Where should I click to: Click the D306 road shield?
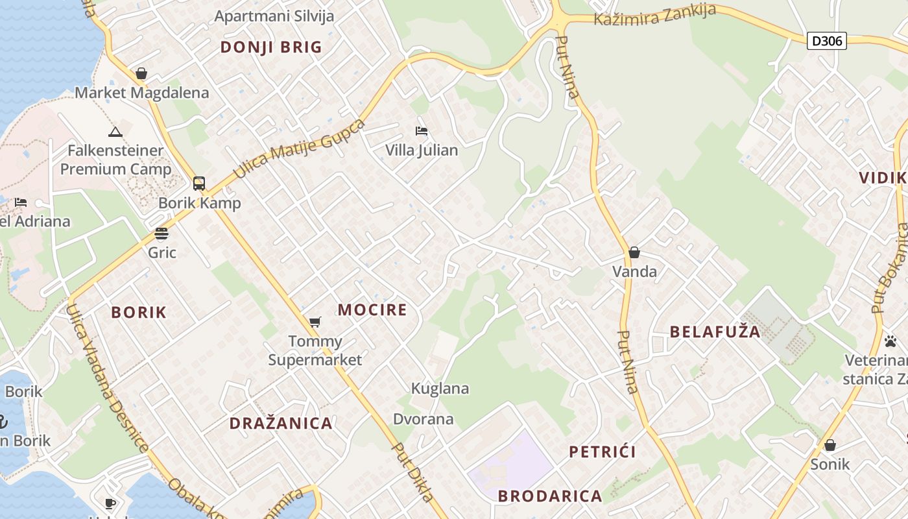[827, 42]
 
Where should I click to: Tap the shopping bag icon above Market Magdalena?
[141, 73]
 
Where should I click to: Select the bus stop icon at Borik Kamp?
[199, 184]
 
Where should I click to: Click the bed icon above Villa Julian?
[422, 131]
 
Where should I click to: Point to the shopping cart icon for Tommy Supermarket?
[315, 322]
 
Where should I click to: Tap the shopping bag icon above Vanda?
[634, 252]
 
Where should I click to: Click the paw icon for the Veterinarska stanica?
[890, 341]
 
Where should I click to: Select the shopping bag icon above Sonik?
[830, 445]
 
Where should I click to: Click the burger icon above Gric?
[161, 234]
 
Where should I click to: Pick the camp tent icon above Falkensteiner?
[115, 132]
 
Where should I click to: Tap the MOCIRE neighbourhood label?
[372, 310]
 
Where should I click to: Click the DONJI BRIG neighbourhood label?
[271, 47]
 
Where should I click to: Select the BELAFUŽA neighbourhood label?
[715, 332]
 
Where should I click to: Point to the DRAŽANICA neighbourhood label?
[281, 424]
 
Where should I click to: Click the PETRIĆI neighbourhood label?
[603, 452]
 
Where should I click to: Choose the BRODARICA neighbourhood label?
[550, 496]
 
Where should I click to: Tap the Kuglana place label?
[440, 389]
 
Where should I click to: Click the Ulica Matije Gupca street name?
[300, 149]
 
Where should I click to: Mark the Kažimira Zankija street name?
[655, 16]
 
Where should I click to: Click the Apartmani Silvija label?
[274, 16]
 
